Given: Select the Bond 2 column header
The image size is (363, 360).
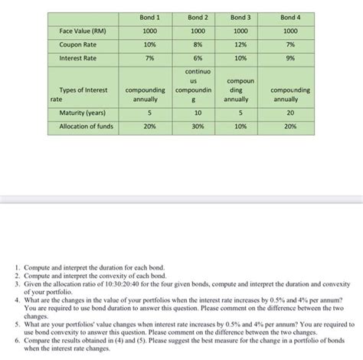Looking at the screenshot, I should click(198, 17).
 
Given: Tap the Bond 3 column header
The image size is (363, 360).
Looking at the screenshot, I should click(240, 17).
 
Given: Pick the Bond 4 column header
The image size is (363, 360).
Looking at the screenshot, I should click(290, 17).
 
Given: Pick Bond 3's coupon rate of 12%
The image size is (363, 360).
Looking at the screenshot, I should click(240, 44).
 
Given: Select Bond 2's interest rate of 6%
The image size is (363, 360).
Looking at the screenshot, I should click(198, 57).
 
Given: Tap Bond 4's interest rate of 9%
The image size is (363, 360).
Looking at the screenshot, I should click(290, 57).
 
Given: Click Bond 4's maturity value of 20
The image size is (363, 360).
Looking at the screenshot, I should click(290, 113).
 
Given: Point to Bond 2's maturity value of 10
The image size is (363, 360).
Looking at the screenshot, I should click(198, 113).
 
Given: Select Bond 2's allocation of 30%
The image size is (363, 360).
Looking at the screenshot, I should click(198, 126).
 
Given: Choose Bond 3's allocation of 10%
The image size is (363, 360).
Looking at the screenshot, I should click(240, 126).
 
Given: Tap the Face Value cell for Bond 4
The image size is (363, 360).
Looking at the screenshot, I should click(290, 31).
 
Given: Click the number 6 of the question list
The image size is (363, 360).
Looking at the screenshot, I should click(18, 336).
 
